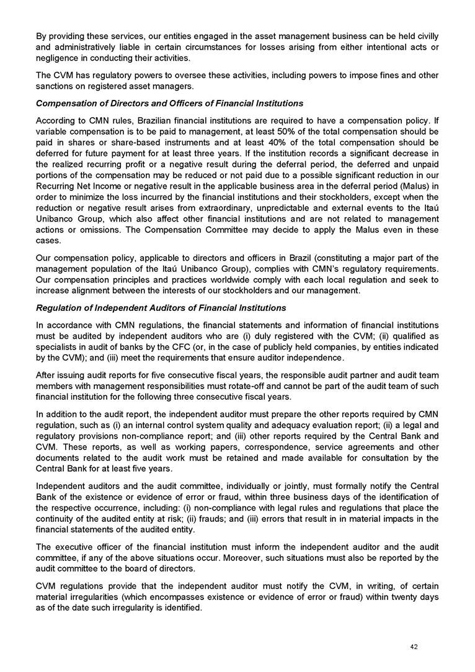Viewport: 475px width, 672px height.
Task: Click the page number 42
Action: coord(414,647)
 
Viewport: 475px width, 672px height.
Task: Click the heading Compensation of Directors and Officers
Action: coord(169,102)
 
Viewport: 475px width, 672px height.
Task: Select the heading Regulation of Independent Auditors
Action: coord(161,308)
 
